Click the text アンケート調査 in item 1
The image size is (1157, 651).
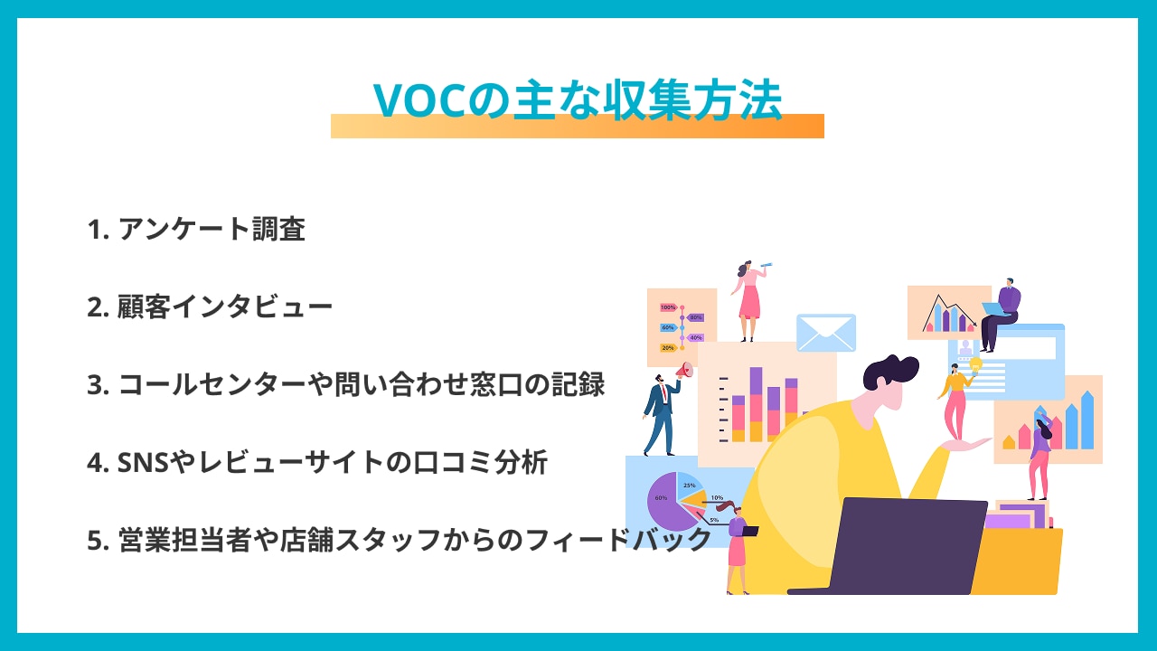click(212, 229)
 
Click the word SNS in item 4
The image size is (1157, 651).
click(143, 462)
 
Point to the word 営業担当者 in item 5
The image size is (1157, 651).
click(184, 540)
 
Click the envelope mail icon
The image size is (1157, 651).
click(826, 332)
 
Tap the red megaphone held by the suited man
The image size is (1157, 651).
click(684, 371)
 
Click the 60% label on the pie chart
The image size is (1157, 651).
click(661, 497)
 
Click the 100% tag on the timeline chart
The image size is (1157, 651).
click(667, 307)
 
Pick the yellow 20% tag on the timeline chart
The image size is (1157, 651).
click(667, 348)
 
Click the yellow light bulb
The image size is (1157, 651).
click(975, 364)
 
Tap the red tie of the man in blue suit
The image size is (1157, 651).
click(663, 393)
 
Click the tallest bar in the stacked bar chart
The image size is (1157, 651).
click(756, 404)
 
